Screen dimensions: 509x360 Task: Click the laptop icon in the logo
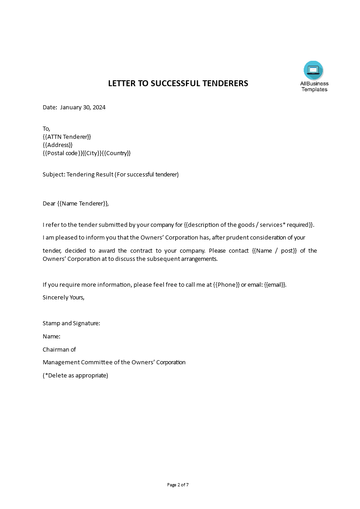(313, 70)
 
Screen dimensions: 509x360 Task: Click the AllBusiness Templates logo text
(314, 86)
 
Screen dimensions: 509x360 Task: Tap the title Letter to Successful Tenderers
(178, 83)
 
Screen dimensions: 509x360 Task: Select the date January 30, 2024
(83, 108)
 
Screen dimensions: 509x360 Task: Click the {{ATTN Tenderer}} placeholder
(67, 137)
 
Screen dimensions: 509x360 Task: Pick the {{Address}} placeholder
(58, 145)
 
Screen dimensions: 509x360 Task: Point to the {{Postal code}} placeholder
(63, 153)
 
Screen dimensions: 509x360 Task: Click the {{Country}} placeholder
(116, 153)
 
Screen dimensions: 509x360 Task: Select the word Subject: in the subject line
(54, 175)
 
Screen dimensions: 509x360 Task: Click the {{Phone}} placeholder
(226, 285)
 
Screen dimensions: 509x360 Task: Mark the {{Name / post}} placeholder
(274, 250)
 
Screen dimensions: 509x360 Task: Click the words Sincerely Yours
(64, 298)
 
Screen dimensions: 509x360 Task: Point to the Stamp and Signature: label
(71, 323)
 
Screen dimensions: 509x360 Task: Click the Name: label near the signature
(51, 337)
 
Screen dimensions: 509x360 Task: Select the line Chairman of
(59, 349)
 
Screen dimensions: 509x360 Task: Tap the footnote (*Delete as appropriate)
(75, 375)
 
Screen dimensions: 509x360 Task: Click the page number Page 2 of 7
(178, 485)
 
